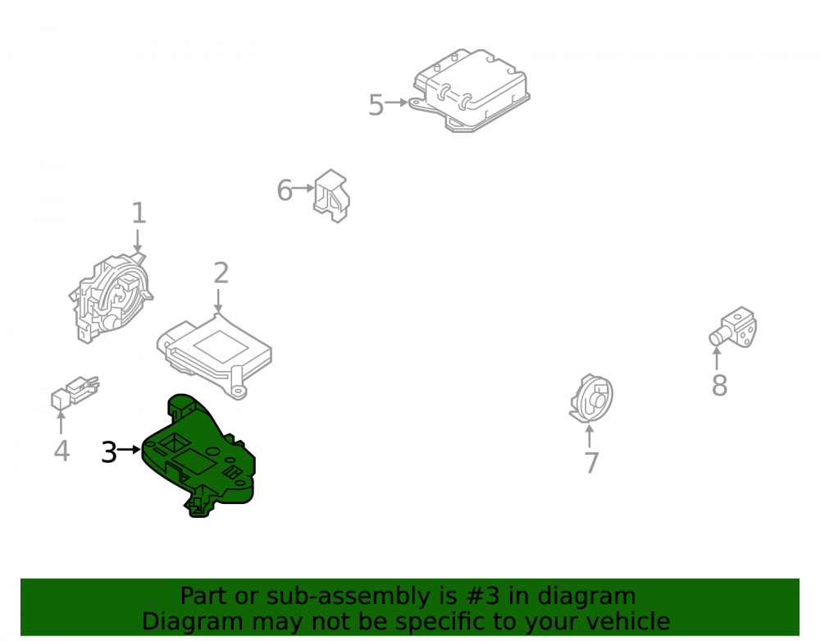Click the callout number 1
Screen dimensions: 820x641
point(138,213)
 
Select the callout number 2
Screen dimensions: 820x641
point(221,273)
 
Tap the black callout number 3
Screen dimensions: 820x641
point(109,452)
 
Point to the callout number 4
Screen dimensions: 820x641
point(61,451)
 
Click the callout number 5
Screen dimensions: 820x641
point(376,105)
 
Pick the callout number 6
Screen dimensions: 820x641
point(285,190)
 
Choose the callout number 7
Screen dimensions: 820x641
point(591,463)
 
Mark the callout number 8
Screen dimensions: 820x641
point(720,386)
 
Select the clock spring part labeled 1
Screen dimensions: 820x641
point(111,297)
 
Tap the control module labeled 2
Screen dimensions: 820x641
point(214,356)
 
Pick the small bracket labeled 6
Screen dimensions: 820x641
point(331,196)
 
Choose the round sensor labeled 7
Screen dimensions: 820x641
point(591,399)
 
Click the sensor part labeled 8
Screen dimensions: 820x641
point(734,328)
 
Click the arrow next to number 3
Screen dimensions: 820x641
point(130,450)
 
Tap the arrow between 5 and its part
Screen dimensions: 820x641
point(396,103)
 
